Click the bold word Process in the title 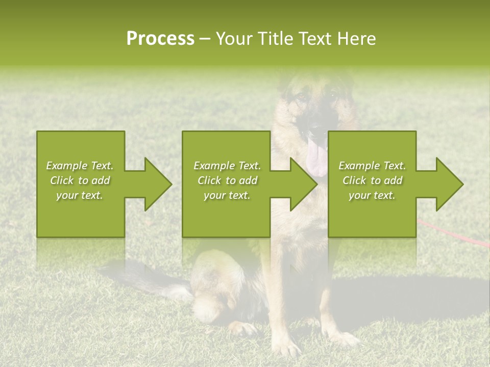(160, 39)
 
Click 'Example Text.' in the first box (80, 166)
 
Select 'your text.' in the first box (80, 195)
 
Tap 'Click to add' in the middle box (227, 180)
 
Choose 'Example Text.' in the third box (372, 166)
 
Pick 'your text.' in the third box (372, 195)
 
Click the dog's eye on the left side (300, 95)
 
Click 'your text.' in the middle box (227, 195)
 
